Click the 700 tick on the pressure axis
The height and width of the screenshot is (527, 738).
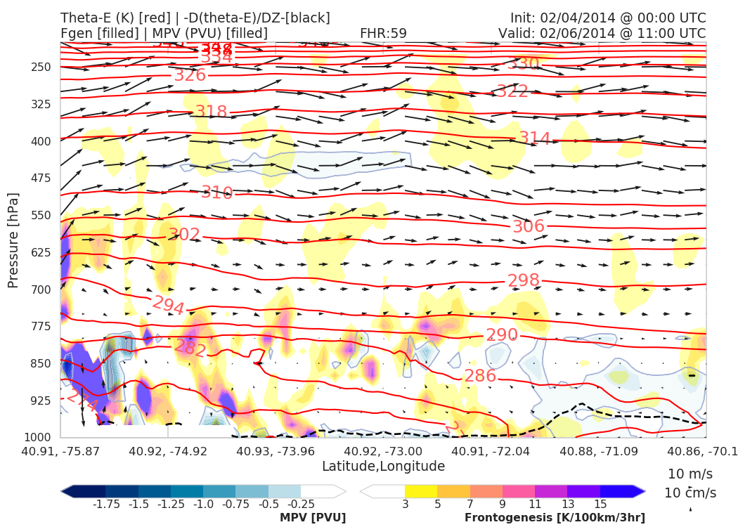pyautogui.click(x=41, y=289)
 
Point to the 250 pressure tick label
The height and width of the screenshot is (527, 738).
pyautogui.click(x=41, y=67)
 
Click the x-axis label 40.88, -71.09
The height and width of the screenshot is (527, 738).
pyautogui.click(x=596, y=450)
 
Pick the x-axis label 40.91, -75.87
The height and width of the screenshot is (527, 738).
pyautogui.click(x=60, y=450)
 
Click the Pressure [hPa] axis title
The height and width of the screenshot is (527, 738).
pyautogui.click(x=13, y=240)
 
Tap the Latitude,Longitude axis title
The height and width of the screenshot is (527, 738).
pyautogui.click(x=383, y=466)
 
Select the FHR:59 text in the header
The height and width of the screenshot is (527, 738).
pyautogui.click(x=383, y=33)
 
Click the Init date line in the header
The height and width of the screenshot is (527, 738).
pyautogui.click(x=608, y=18)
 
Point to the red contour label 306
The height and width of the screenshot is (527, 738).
pyautogui.click(x=529, y=226)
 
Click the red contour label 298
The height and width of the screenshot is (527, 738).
pyautogui.click(x=524, y=280)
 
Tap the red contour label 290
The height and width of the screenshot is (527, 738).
pyautogui.click(x=502, y=334)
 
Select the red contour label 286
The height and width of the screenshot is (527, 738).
pyautogui.click(x=480, y=375)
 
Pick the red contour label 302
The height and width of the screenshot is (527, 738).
pyautogui.click(x=184, y=235)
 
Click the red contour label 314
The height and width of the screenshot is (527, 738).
pyautogui.click(x=535, y=138)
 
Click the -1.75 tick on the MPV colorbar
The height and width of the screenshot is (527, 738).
pyautogui.click(x=105, y=504)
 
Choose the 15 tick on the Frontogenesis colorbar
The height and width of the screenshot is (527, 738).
pyautogui.click(x=600, y=504)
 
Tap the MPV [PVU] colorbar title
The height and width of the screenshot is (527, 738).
pyautogui.click(x=313, y=518)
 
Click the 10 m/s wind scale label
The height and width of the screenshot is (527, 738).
pyautogui.click(x=685, y=473)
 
